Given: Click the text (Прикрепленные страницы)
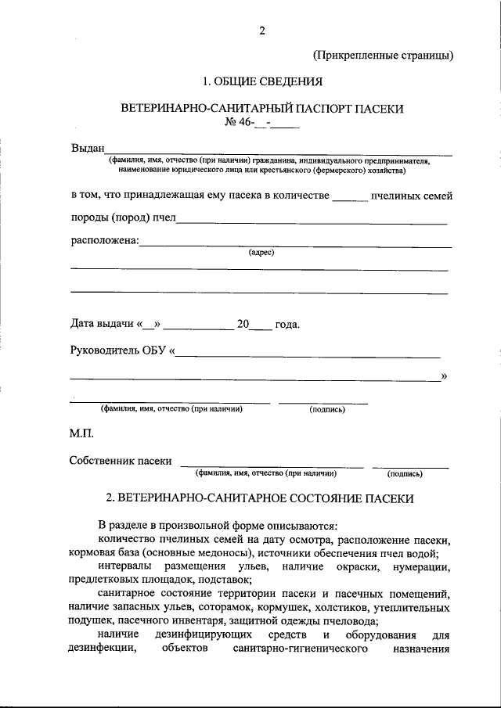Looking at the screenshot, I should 383,56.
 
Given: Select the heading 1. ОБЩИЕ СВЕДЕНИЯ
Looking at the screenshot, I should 261,81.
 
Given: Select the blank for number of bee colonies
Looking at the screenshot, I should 350,196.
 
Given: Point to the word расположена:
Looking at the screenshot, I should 104,240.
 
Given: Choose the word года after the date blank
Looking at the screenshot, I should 287,324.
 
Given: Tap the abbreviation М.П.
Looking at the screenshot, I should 83,432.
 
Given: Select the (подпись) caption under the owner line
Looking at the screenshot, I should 405,473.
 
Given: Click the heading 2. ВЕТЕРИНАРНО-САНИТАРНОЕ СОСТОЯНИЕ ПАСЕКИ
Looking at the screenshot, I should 260,498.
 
